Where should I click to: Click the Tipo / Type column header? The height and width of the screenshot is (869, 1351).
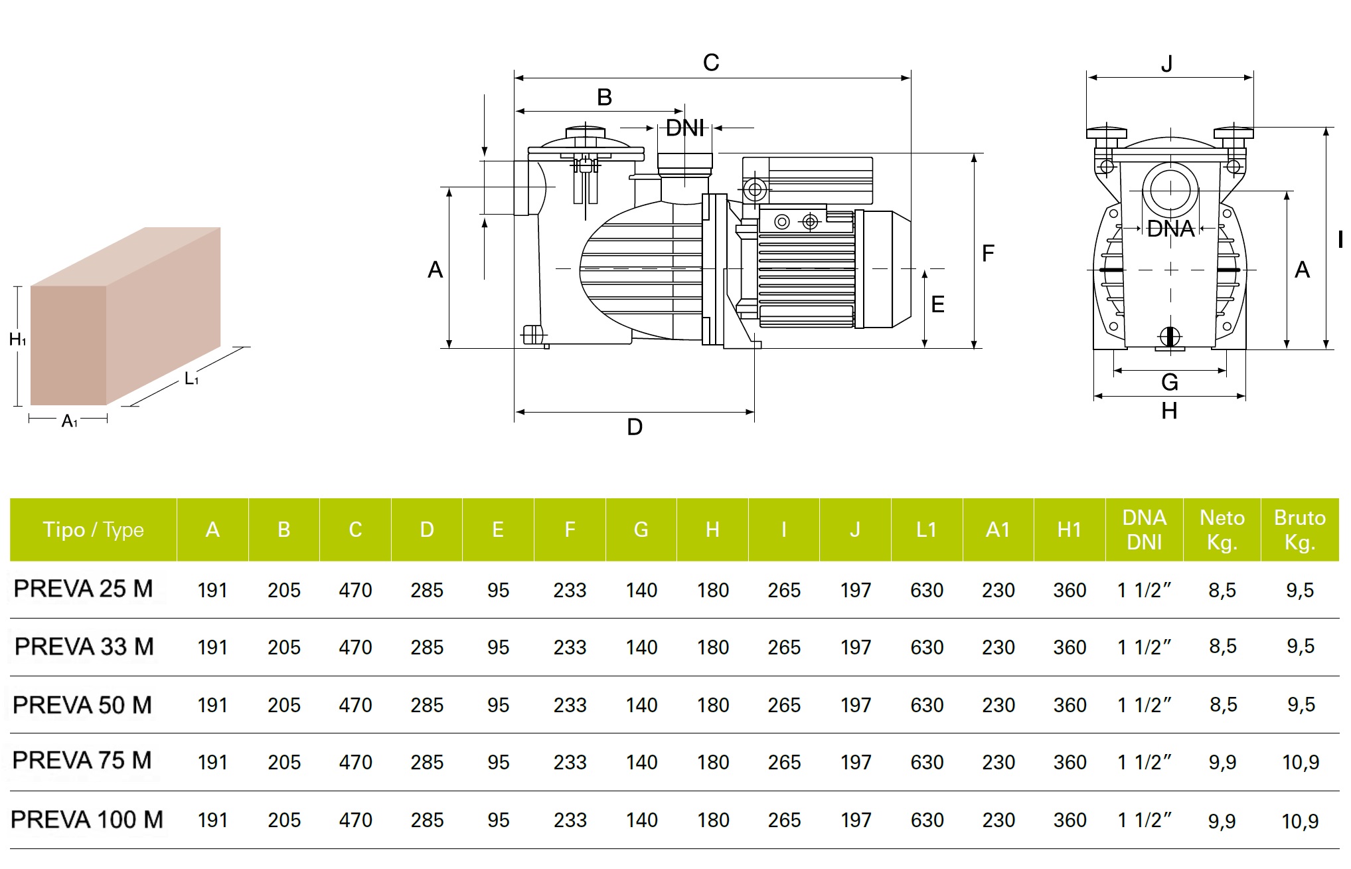[x=93, y=530]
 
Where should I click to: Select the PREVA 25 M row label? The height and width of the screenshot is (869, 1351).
[x=83, y=589]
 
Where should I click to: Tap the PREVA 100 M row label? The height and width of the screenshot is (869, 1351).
[x=87, y=820]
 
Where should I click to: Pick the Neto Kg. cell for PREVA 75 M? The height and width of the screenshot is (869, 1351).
[x=1222, y=762]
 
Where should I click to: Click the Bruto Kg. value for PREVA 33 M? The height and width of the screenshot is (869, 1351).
[x=1300, y=646]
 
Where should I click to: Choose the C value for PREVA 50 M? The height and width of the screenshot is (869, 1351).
[x=355, y=705]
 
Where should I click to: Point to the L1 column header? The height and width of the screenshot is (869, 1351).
[x=926, y=530]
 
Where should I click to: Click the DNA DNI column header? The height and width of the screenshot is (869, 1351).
[x=1144, y=530]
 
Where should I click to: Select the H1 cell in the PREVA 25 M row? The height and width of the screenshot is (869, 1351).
[x=1069, y=590]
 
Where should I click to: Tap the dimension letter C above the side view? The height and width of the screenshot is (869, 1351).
[x=711, y=63]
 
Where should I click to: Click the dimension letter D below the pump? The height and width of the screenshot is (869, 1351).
[x=635, y=427]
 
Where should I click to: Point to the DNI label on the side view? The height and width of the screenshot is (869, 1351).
[x=684, y=128]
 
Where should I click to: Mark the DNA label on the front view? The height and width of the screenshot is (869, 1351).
[x=1170, y=229]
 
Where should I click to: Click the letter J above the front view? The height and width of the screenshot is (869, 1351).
[x=1166, y=64]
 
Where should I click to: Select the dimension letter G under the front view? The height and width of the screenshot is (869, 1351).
[x=1169, y=382]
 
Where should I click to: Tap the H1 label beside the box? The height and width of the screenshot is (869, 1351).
[x=17, y=340]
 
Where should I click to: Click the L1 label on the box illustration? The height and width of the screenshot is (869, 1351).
[x=191, y=379]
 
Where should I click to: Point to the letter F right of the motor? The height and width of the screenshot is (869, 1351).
[x=988, y=253]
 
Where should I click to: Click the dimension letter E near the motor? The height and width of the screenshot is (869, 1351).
[x=937, y=304]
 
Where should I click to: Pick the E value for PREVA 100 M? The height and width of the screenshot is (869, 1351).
[x=498, y=821]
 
